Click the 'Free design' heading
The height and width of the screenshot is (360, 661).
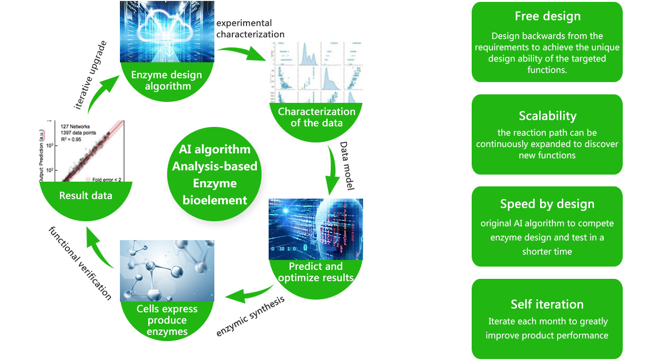[547, 17]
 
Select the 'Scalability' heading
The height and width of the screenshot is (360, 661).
[547, 116]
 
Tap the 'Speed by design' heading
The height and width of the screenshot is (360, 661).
[547, 204]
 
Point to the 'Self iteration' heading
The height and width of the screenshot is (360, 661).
[547, 304]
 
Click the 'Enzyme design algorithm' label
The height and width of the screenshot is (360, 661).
[167, 80]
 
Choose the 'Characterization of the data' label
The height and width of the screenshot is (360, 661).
[316, 117]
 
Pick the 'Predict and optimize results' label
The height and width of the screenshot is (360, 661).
[316, 272]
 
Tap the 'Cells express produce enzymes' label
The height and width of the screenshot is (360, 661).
[167, 320]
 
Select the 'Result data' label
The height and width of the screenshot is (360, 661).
[86, 195]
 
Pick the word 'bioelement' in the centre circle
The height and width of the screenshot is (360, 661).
[215, 200]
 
